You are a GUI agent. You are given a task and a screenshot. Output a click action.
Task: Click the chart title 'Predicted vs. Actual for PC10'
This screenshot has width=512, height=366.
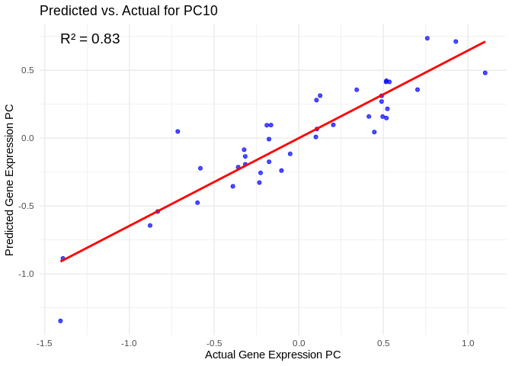point(128,11)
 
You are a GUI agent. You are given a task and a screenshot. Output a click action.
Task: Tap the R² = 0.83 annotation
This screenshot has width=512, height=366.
point(90,39)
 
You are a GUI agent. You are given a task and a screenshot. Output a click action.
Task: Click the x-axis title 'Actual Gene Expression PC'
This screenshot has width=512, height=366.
point(273,355)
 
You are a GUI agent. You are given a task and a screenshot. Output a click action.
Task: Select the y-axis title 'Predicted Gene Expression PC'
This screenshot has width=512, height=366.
point(9,180)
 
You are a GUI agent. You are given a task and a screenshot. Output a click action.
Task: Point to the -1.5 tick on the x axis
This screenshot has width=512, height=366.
point(44,342)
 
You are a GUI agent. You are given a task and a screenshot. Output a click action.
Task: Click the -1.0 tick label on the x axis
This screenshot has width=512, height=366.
point(129,342)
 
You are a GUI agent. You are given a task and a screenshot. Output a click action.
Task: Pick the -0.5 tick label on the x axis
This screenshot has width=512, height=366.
point(213,342)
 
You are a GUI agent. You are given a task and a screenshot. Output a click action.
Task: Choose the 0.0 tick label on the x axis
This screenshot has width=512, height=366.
point(299,342)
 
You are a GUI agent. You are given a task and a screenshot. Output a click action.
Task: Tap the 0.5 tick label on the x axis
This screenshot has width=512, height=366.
point(383,342)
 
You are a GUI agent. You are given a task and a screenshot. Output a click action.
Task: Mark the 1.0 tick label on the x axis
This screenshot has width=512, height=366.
point(468,342)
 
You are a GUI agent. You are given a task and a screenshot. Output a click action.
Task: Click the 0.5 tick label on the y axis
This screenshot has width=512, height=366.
point(27,70)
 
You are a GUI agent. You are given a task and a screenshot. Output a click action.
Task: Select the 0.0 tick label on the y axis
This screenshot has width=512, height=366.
point(27,138)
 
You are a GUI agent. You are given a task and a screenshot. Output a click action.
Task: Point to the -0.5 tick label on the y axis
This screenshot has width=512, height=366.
point(26,206)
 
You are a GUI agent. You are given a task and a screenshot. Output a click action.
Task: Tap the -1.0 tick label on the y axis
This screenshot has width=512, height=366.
point(26,274)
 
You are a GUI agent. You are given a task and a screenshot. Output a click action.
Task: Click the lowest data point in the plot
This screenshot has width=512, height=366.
point(60,321)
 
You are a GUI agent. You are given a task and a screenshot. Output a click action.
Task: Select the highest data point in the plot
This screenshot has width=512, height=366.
point(427,38)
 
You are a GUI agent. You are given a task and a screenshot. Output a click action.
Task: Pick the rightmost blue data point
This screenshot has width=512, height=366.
point(485,73)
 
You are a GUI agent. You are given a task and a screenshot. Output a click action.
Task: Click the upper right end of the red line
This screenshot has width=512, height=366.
point(485,42)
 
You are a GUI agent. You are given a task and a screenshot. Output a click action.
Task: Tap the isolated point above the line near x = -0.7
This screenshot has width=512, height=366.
point(178,131)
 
